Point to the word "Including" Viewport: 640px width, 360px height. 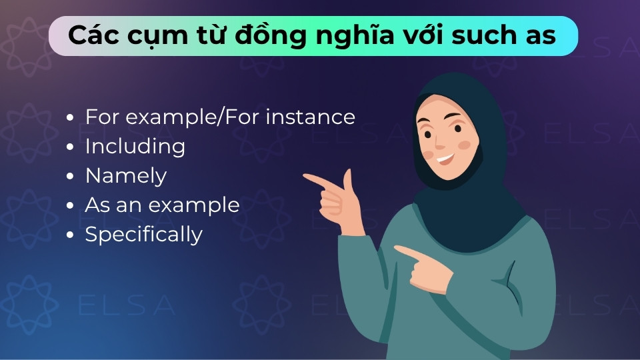135,147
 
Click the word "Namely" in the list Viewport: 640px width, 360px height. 125,176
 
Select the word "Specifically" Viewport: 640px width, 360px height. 143,235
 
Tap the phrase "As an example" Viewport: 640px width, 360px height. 162,205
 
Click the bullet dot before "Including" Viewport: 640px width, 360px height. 71,147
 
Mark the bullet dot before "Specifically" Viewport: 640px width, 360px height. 71,235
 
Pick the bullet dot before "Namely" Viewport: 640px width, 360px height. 71,177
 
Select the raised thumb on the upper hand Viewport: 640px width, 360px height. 347,179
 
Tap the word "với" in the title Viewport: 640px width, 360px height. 420,35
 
